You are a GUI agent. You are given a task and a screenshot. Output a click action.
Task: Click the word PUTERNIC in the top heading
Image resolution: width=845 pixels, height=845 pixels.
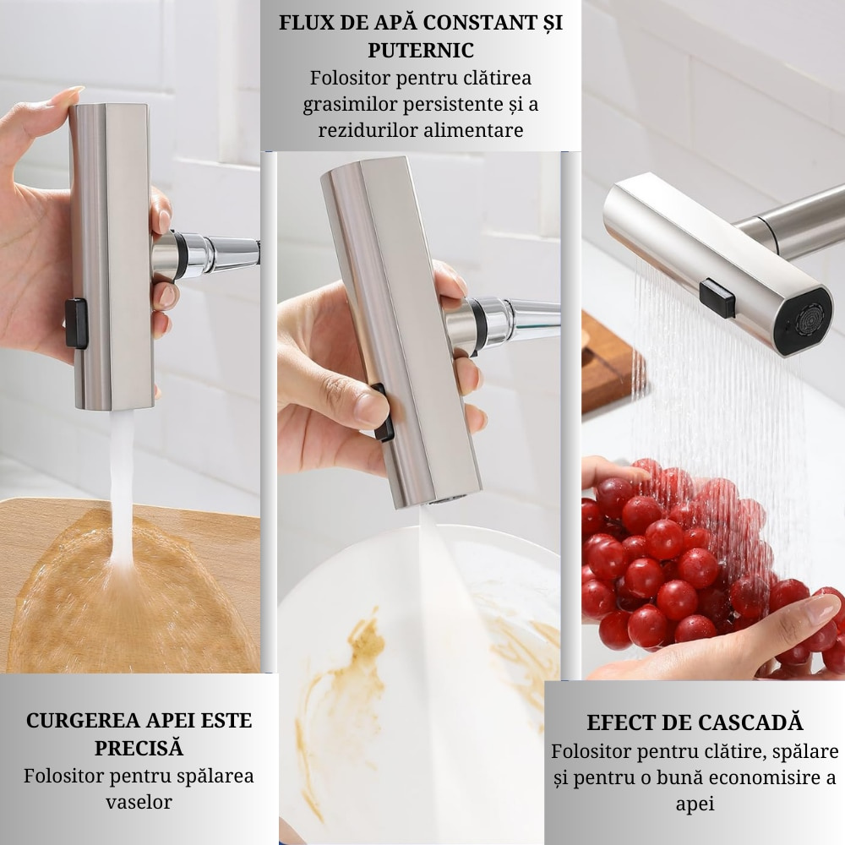pos(420,50)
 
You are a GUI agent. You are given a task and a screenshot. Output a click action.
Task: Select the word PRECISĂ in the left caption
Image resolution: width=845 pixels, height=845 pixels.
pos(139,748)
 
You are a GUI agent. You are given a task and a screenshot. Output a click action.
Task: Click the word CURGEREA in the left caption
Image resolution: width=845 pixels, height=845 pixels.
pos(79,721)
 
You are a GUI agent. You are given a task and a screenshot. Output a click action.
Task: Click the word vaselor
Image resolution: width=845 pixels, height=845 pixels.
pos(139,802)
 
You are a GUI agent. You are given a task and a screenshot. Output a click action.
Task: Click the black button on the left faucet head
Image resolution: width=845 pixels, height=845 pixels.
pos(77,323)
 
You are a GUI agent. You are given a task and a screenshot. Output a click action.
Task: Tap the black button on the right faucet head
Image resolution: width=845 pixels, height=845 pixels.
pos(717,297)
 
